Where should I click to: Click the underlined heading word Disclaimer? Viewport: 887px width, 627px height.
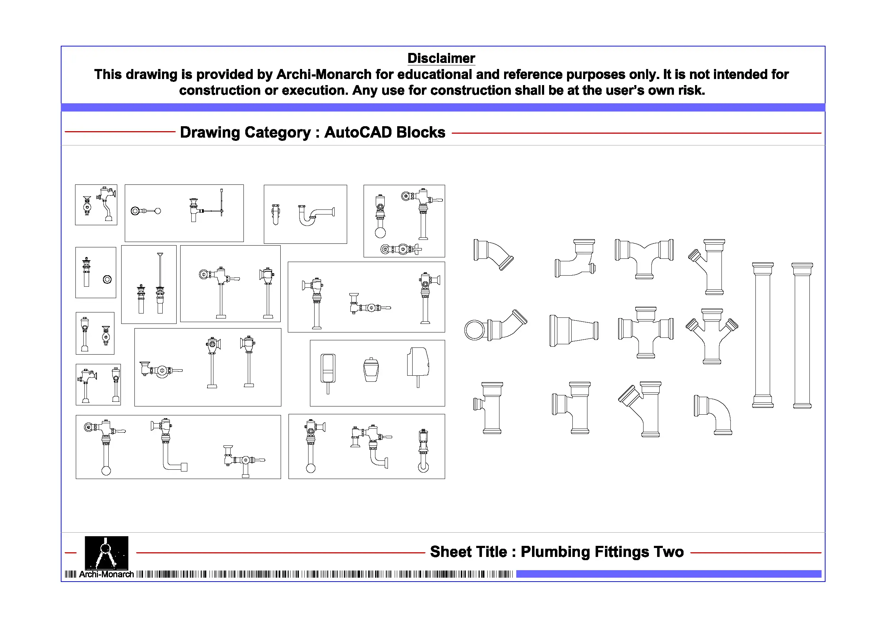[x=441, y=58]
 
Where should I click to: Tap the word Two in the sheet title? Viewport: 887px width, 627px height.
[x=668, y=552]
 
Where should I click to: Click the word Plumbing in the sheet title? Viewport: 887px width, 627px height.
[x=555, y=552]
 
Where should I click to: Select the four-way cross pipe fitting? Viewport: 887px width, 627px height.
[x=645, y=332]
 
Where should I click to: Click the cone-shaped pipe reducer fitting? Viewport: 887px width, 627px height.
[x=574, y=331]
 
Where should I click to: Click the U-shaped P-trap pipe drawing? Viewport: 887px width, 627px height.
[x=315, y=216]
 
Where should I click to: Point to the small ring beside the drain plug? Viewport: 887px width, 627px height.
[x=107, y=279]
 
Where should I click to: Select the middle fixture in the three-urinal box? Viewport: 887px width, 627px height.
[x=371, y=370]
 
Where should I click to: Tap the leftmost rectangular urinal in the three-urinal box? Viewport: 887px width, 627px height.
[x=327, y=370]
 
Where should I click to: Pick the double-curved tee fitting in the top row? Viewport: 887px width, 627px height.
[x=644, y=257]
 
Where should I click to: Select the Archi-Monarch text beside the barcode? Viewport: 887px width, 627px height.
[x=106, y=574]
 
